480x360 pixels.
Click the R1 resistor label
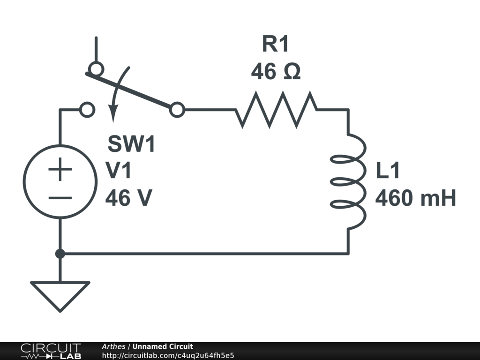pyautogui.click(x=276, y=45)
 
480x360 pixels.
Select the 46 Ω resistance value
pyautogui.click(x=276, y=72)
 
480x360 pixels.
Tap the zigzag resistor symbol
pyautogui.click(x=276, y=110)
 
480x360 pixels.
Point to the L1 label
pyautogui.click(x=388, y=171)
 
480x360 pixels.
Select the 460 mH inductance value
pyautogui.click(x=415, y=198)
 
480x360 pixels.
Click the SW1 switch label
pyautogui.click(x=131, y=144)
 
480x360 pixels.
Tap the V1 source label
pyautogui.click(x=119, y=171)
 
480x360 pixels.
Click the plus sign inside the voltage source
pyautogui.click(x=60, y=169)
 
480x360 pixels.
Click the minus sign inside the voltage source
pyautogui.click(x=60, y=198)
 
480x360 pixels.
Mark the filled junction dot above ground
pyautogui.click(x=60, y=254)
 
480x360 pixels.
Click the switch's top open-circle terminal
pyautogui.click(x=96, y=69)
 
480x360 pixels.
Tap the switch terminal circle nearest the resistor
pyautogui.click(x=177, y=110)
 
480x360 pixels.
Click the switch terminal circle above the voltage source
pyautogui.click(x=87, y=110)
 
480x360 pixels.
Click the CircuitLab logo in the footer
pyautogui.click(x=51, y=351)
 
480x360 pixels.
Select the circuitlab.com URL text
pyautogui.click(x=168, y=355)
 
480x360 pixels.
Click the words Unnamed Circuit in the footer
pyautogui.click(x=163, y=346)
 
